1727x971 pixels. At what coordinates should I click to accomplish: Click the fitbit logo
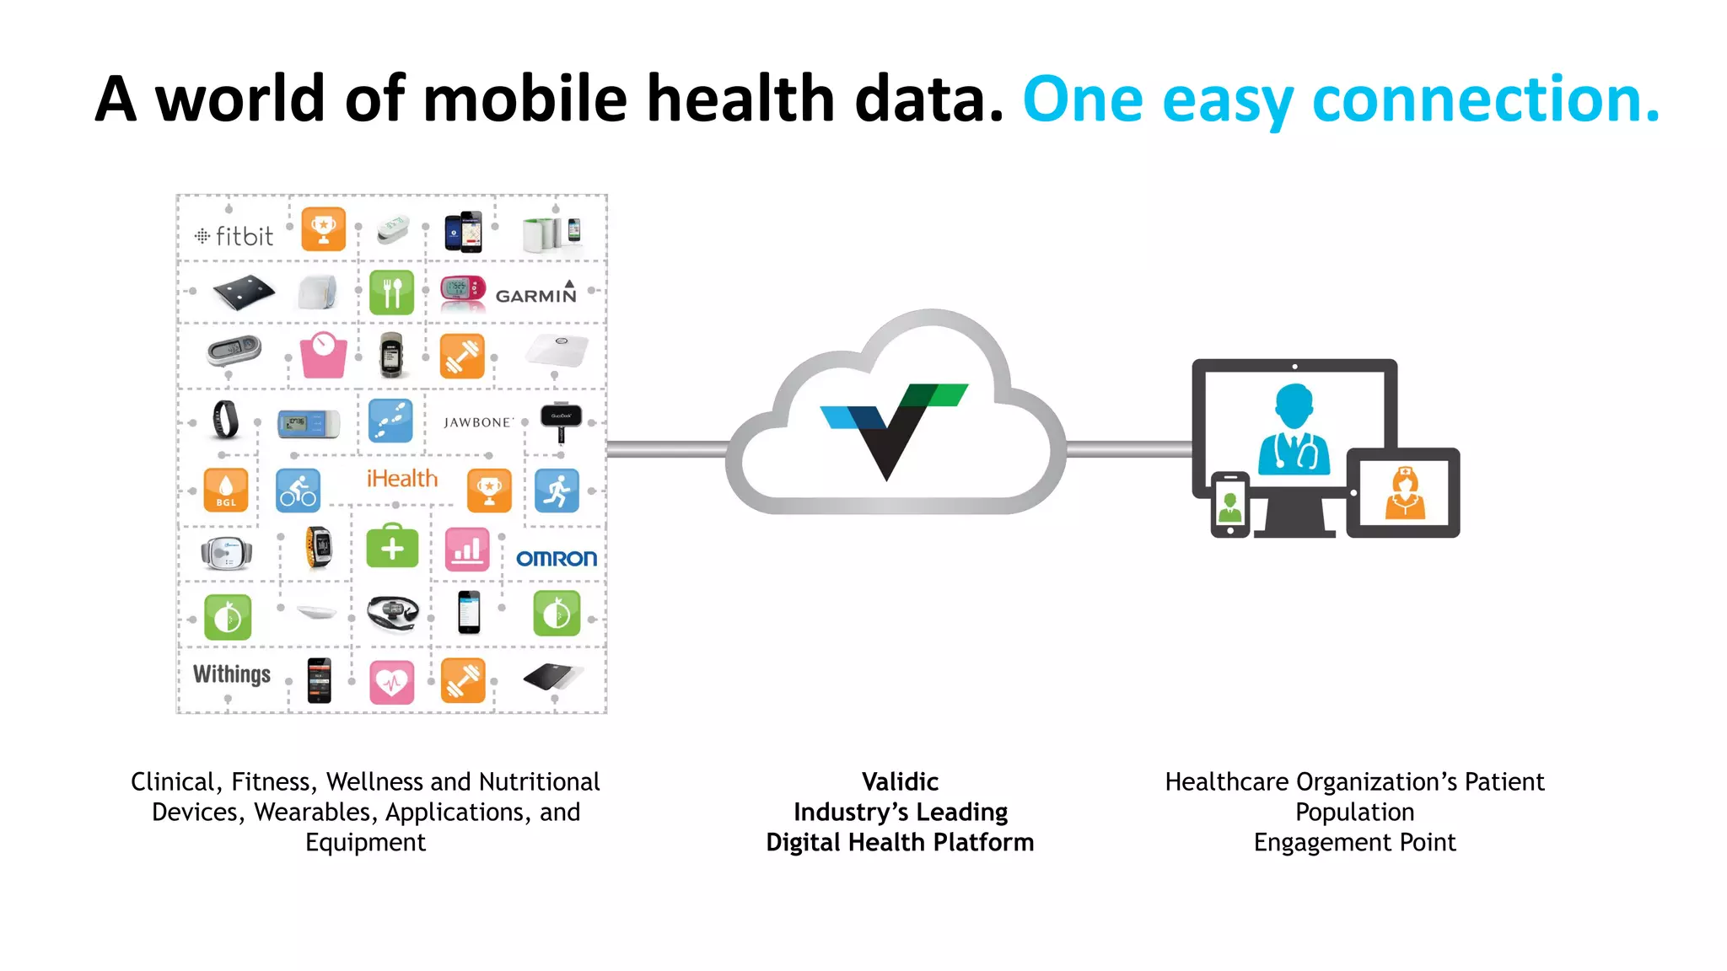pyautogui.click(x=234, y=236)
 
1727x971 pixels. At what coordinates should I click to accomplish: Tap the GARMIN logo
pyautogui.click(x=536, y=294)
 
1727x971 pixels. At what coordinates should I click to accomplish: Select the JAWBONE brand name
pyautogui.click(x=478, y=422)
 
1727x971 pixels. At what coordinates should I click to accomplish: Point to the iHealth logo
pyautogui.click(x=402, y=479)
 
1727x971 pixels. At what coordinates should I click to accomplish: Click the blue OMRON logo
pyautogui.click(x=557, y=559)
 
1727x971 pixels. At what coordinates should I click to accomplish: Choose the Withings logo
pyautogui.click(x=232, y=674)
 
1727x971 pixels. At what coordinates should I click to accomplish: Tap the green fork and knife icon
pyautogui.click(x=392, y=292)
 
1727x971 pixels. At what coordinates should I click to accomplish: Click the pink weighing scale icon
pyautogui.click(x=324, y=355)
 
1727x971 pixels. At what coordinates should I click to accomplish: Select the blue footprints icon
pyautogui.click(x=391, y=421)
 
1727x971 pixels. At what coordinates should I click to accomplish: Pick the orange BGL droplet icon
pyautogui.click(x=226, y=490)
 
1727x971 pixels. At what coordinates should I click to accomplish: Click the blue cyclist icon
pyautogui.click(x=299, y=491)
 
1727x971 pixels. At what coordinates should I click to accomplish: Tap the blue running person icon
pyautogui.click(x=557, y=491)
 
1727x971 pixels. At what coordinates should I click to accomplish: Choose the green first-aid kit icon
pyautogui.click(x=392, y=549)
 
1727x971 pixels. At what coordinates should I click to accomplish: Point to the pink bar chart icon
pyautogui.click(x=467, y=550)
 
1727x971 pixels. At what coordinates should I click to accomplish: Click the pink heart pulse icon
pyautogui.click(x=392, y=681)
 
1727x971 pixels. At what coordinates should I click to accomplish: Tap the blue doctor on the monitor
pyautogui.click(x=1294, y=430)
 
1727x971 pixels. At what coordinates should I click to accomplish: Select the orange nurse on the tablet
pyautogui.click(x=1405, y=493)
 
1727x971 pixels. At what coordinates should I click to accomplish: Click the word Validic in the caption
pyautogui.click(x=900, y=782)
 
